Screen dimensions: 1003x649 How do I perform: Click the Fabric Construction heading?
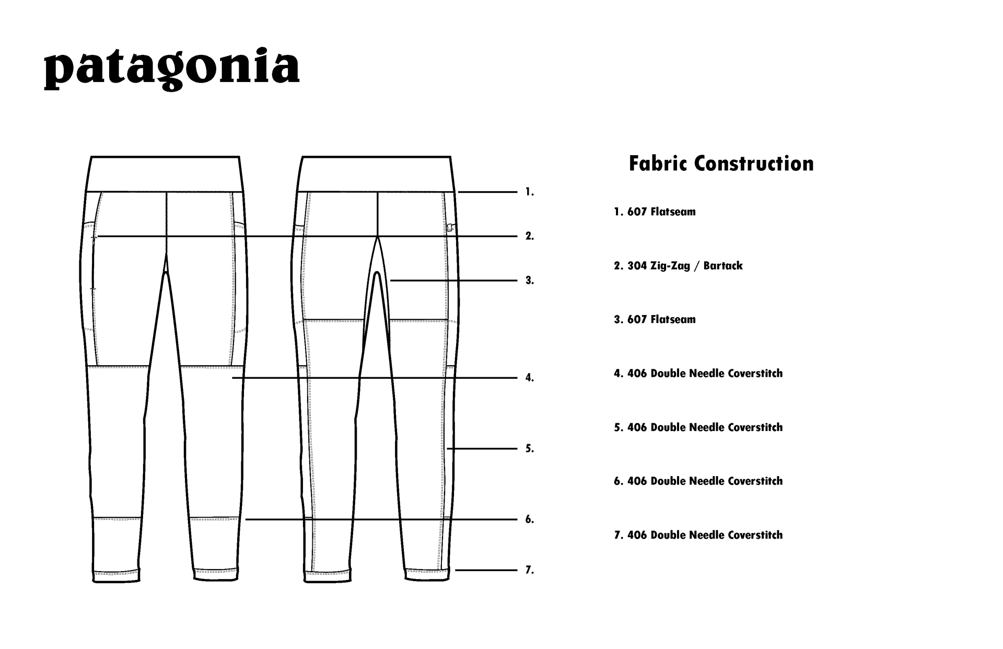pyautogui.click(x=721, y=164)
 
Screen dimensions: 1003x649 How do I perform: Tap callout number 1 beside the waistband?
pyautogui.click(x=530, y=192)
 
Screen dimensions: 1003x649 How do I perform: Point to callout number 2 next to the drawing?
pyautogui.click(x=530, y=236)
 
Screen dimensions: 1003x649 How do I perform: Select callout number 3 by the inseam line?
pyautogui.click(x=530, y=281)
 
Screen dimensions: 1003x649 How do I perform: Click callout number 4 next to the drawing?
pyautogui.click(x=530, y=378)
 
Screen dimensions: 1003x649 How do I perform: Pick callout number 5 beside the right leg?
pyautogui.click(x=530, y=448)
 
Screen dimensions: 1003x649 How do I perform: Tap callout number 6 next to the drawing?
pyautogui.click(x=530, y=519)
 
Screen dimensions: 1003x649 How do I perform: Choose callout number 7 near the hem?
pyautogui.click(x=530, y=570)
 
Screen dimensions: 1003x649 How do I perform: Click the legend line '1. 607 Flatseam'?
pyautogui.click(x=655, y=212)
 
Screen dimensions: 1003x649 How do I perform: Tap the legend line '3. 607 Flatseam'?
pyautogui.click(x=655, y=320)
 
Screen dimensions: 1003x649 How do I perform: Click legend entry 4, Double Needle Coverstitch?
pyautogui.click(x=698, y=374)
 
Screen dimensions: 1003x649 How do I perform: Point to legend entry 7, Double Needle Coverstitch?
pyautogui.click(x=698, y=535)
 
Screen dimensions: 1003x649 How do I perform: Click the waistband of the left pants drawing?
pyautogui.click(x=165, y=174)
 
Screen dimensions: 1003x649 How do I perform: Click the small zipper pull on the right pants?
pyautogui.click(x=450, y=227)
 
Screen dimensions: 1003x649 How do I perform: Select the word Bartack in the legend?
pyautogui.click(x=722, y=266)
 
